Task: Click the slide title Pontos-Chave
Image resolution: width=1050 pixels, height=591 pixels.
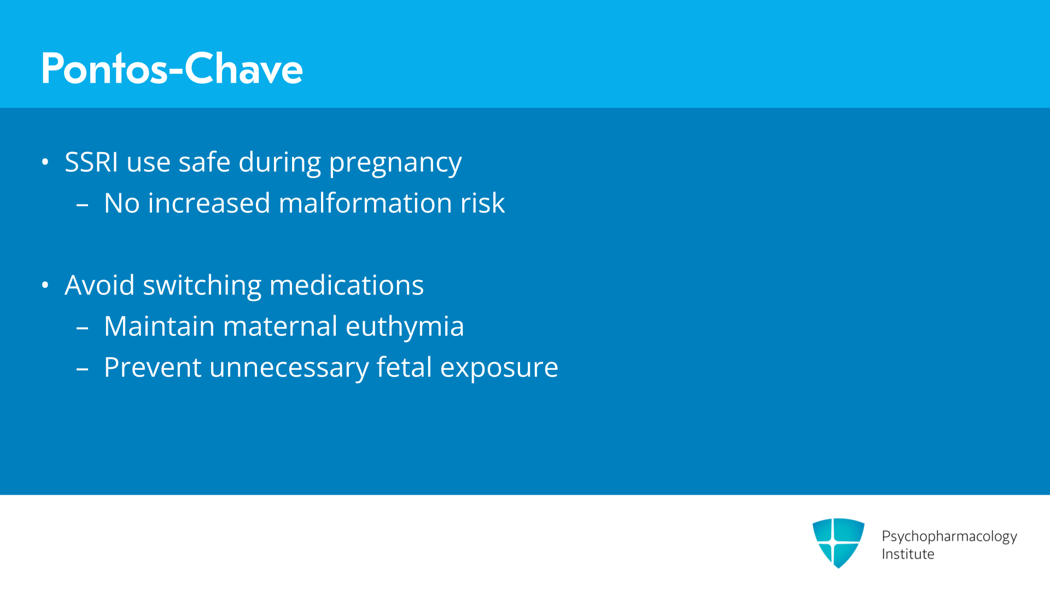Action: (172, 68)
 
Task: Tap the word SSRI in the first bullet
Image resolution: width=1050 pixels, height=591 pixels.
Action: (91, 162)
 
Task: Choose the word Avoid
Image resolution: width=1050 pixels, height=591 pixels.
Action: (100, 285)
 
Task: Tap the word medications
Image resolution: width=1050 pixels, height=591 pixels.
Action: (347, 285)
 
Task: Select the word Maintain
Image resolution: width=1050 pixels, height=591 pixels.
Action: (159, 326)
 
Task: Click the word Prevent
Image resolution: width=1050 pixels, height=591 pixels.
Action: (153, 367)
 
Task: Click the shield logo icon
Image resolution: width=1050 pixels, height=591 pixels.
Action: (838, 543)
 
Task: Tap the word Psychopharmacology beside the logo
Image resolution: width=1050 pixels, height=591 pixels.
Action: (949, 537)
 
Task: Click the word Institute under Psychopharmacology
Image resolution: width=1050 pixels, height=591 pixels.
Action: (908, 554)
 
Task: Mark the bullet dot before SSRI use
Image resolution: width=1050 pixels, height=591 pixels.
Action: (45, 162)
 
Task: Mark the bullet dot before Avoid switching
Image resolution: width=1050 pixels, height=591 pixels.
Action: (45, 285)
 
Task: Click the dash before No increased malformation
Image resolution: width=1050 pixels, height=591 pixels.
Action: (82, 206)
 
